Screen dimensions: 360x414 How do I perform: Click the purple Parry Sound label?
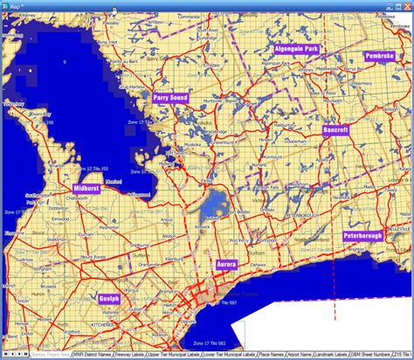(x=170, y=99)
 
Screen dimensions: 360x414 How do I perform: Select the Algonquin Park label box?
(x=297, y=49)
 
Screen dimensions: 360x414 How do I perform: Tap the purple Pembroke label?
(x=380, y=56)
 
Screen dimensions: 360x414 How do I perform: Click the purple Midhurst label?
(x=86, y=188)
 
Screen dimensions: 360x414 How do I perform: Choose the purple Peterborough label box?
(x=362, y=236)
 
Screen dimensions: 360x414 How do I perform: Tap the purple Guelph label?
(x=110, y=299)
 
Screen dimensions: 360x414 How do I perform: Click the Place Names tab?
(x=270, y=355)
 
